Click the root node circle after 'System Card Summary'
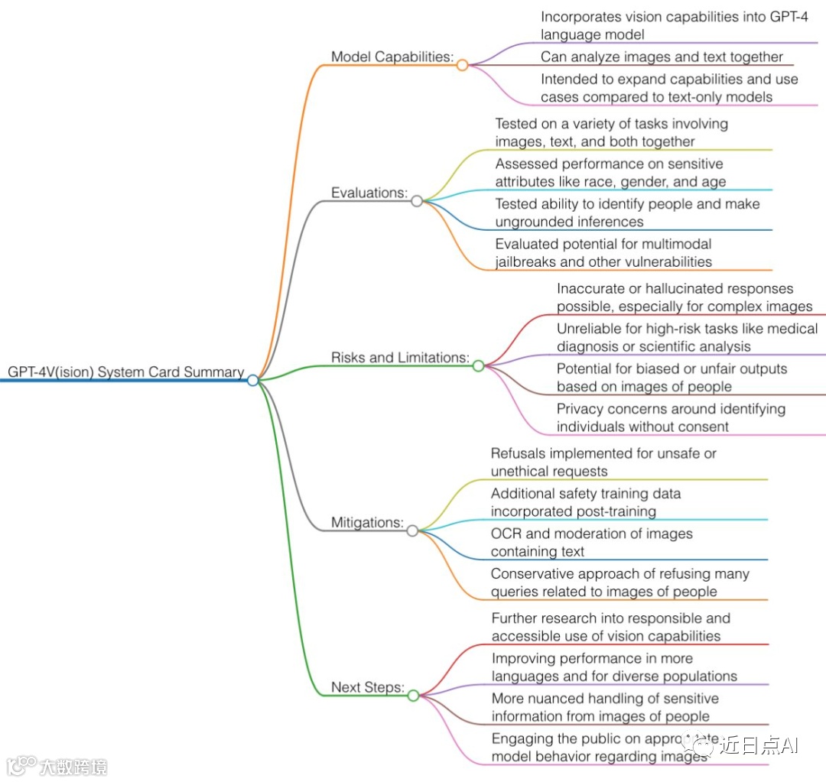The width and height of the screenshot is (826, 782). [253, 380]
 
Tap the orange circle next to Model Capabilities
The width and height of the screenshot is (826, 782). [462, 65]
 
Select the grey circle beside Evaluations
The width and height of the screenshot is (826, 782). [417, 201]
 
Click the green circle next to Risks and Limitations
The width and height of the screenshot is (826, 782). [478, 365]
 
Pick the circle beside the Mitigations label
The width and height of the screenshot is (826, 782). [413, 531]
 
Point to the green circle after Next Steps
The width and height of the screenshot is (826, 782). [413, 696]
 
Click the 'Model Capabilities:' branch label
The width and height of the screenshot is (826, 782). [392, 57]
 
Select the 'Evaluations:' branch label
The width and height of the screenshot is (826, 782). [369, 193]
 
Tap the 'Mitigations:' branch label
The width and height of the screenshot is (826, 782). [367, 522]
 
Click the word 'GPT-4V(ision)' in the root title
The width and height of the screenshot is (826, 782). [51, 372]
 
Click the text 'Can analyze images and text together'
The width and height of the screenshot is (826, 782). [662, 57]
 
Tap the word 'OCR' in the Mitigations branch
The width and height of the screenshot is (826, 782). [506, 534]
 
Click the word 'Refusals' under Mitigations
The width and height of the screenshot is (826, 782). [518, 453]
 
